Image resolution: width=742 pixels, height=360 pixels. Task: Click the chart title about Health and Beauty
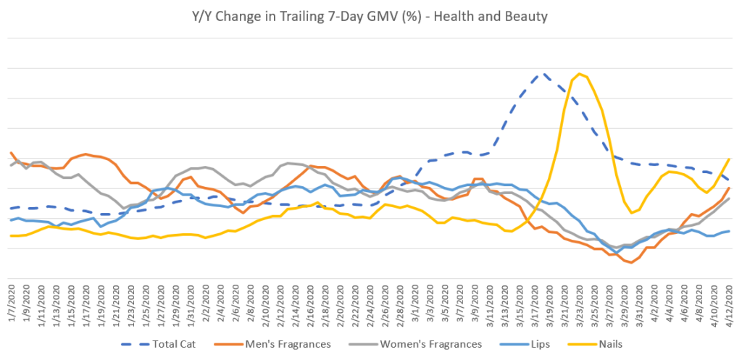click(x=370, y=15)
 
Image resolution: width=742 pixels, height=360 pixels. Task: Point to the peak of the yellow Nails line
click(x=579, y=75)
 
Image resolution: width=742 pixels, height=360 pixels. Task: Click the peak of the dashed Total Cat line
click(x=541, y=74)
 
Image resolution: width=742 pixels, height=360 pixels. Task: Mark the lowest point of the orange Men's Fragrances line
click(x=631, y=262)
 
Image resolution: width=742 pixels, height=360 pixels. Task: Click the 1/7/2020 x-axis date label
click(x=12, y=305)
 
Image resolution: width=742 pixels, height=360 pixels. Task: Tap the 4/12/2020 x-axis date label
click(x=729, y=305)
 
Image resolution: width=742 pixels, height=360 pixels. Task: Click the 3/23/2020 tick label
click(x=578, y=305)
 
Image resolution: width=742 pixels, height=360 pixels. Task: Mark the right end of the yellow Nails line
click(x=728, y=159)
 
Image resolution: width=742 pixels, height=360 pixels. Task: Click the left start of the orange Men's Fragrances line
click(x=11, y=153)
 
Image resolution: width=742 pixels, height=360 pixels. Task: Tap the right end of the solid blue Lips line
click(x=728, y=231)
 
